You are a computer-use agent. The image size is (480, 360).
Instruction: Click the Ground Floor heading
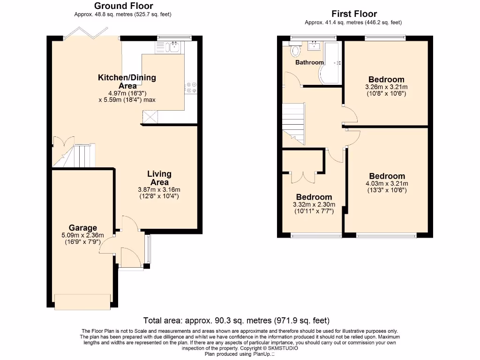(x=123, y=6)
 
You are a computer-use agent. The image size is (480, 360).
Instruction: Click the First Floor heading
(x=354, y=14)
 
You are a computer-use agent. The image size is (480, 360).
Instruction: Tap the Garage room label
(x=83, y=228)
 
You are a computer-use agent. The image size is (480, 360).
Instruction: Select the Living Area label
(x=159, y=178)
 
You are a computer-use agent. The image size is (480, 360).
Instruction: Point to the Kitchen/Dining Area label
(x=127, y=82)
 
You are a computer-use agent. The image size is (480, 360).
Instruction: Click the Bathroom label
(x=309, y=62)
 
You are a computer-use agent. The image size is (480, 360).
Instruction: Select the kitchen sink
(x=174, y=46)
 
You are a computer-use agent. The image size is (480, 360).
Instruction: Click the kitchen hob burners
(x=191, y=87)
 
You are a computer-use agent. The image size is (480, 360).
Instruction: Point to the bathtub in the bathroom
(x=332, y=63)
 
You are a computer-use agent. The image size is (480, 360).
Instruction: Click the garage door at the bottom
(x=83, y=301)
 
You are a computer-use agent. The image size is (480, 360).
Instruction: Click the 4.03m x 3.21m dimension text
(x=387, y=184)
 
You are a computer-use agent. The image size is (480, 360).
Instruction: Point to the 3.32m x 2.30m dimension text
(x=314, y=205)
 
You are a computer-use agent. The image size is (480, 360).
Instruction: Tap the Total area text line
(x=236, y=321)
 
